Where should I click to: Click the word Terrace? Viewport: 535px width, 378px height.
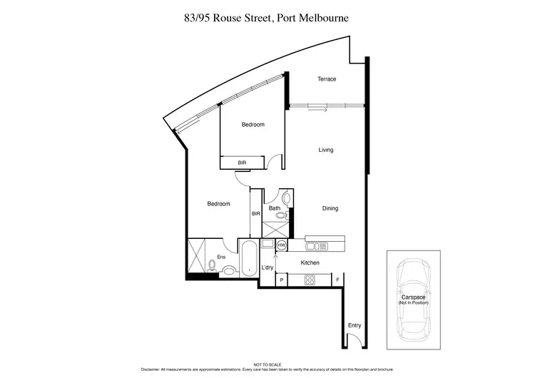(x=327, y=79)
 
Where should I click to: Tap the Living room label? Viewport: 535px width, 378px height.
(x=326, y=150)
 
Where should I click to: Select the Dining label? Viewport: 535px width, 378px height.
(x=330, y=208)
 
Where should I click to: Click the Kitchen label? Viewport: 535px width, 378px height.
(x=310, y=263)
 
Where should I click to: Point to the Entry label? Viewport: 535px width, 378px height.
(x=355, y=326)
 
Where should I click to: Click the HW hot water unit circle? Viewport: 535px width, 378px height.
(x=281, y=245)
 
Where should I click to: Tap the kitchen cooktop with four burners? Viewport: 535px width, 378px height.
(x=312, y=280)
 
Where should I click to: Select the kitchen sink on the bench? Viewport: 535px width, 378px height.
(x=315, y=246)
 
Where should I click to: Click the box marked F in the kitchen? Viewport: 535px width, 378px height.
(x=337, y=280)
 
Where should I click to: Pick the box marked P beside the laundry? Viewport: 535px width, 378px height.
(x=282, y=280)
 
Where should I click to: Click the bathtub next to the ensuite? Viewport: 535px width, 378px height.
(x=250, y=258)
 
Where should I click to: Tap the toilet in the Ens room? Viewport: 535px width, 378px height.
(x=212, y=265)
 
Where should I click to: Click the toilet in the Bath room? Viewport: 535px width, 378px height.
(x=286, y=198)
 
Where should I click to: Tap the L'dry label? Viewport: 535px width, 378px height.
(x=267, y=267)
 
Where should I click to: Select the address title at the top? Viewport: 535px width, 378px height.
(x=267, y=16)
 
